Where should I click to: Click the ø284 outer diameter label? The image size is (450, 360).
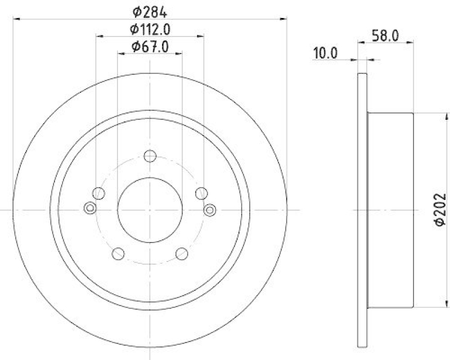tap(150, 11)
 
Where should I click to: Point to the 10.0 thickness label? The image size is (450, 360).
tap(325, 53)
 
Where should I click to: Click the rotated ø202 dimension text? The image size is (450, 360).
tap(439, 209)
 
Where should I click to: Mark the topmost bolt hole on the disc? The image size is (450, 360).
tap(150, 156)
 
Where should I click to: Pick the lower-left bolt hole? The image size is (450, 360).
tap(118, 254)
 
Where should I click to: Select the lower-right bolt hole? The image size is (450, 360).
tap(181, 254)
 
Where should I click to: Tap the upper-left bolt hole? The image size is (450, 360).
tap(99, 193)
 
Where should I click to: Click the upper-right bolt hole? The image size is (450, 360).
tap(201, 193)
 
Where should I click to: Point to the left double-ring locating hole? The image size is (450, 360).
tap(89, 209)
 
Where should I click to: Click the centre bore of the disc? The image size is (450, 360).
tap(150, 209)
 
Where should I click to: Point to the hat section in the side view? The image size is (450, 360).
tap(391, 209)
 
